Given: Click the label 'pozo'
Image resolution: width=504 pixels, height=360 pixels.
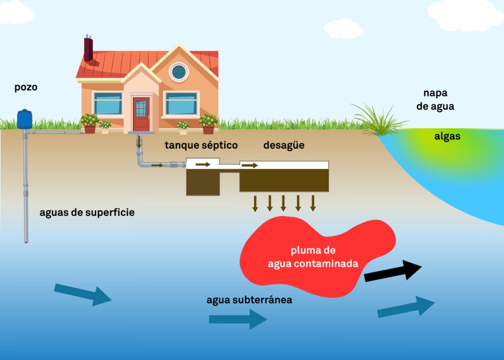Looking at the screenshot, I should click(x=26, y=88).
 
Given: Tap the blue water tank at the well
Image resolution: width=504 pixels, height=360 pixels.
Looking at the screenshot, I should click(x=25, y=119).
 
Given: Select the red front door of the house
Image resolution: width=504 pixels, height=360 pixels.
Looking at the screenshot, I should click(x=141, y=114).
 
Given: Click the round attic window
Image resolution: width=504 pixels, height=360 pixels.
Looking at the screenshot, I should click(x=179, y=72).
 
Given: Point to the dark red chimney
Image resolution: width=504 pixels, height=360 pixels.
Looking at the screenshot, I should click(x=88, y=49).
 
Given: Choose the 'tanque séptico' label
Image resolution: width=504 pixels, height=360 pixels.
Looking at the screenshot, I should click(x=201, y=145).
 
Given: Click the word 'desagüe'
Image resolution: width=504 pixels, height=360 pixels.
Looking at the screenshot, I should click(x=283, y=145).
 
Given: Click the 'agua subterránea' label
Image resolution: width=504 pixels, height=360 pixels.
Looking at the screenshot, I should click(x=249, y=299).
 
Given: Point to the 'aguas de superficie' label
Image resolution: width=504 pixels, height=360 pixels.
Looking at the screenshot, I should click(x=87, y=213).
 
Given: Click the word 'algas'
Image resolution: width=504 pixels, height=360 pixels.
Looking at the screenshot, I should click(x=447, y=136).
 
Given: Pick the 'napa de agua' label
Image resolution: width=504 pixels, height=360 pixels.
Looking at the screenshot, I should click(x=435, y=99).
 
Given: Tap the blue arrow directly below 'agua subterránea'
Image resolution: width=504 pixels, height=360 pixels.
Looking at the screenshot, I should click(x=238, y=319).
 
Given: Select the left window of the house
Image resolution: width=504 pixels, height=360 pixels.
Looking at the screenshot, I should click(x=108, y=103).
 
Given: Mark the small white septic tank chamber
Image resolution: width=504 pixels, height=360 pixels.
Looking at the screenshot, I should click(x=203, y=164).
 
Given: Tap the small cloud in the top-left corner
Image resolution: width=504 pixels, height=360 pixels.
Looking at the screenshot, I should click(x=16, y=12).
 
